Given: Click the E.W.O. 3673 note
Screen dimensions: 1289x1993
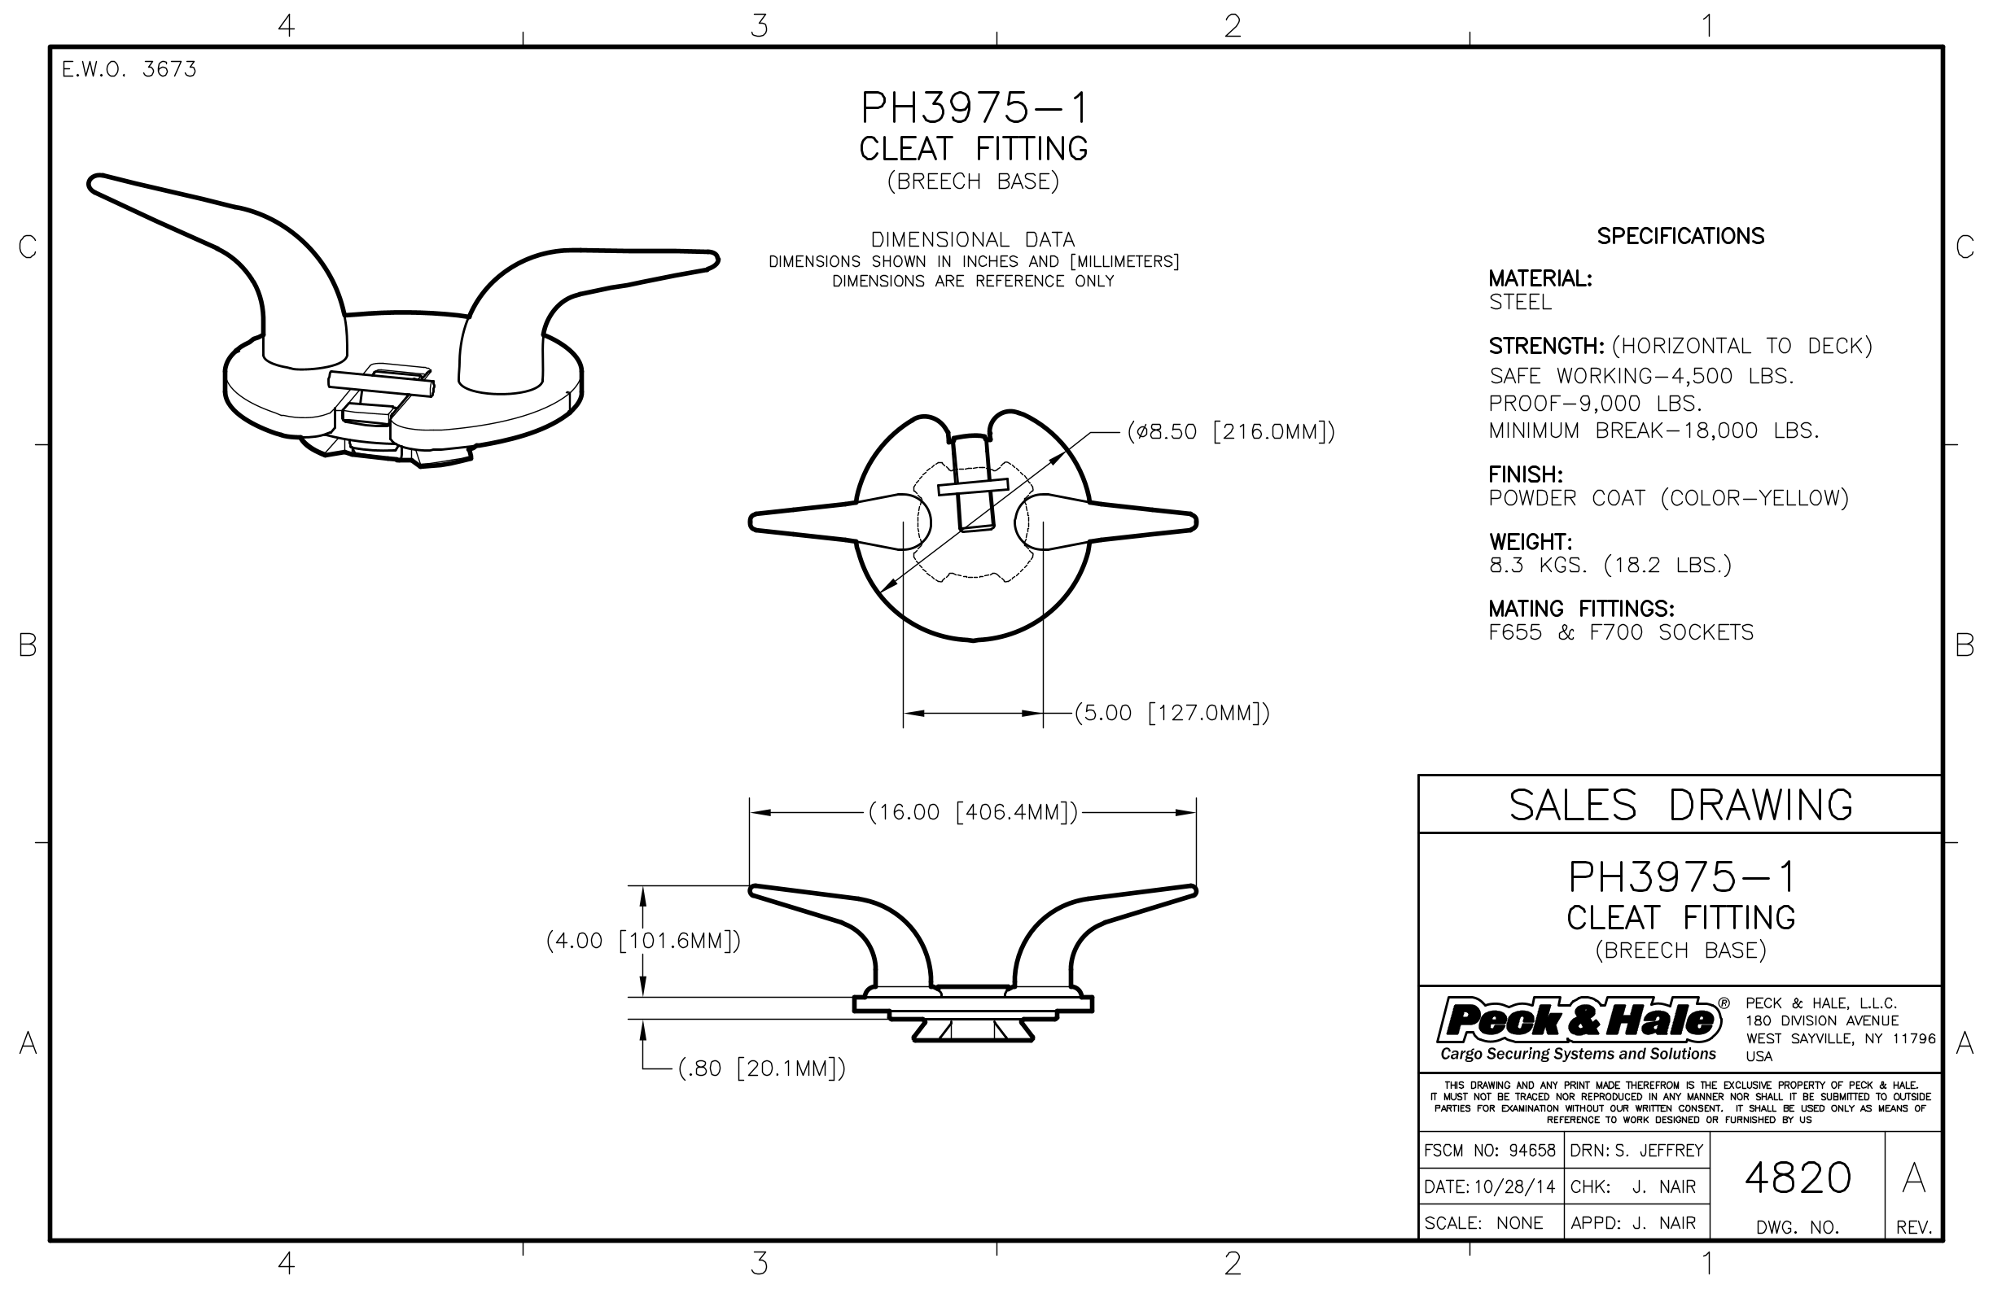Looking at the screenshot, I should click(129, 69).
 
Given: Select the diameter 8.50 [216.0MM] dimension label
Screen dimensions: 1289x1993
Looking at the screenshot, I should click(1230, 432).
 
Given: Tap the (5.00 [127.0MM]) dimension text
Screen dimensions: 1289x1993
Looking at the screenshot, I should click(1172, 713).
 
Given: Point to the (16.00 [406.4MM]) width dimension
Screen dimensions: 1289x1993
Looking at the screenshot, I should click(973, 813).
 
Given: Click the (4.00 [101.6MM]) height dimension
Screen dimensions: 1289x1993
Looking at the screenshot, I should click(643, 941).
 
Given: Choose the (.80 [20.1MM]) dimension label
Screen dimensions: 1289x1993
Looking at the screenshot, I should click(761, 1068).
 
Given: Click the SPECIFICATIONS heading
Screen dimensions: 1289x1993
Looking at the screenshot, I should click(1680, 237).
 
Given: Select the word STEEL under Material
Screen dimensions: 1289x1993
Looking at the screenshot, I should click(1520, 302).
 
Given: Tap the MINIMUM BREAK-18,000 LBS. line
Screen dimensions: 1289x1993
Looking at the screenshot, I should click(1654, 431).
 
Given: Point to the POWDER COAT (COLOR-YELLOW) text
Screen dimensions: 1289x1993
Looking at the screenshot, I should click(1668, 499).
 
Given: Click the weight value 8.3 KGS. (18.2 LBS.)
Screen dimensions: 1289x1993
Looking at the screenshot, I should click(1610, 566).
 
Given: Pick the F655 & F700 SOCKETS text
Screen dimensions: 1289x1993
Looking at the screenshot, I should click(1620, 633).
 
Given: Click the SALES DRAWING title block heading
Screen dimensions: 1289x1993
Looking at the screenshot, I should click(1680, 805).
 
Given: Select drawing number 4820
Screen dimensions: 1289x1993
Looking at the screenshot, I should click(1797, 1178).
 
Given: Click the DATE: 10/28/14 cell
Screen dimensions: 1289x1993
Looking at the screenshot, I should click(1490, 1187).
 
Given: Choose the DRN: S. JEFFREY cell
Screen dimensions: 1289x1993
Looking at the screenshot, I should click(1636, 1151).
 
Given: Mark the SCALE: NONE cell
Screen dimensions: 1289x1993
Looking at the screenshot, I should click(1483, 1223).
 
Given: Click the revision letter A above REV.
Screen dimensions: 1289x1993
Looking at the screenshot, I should click(1913, 1178).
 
